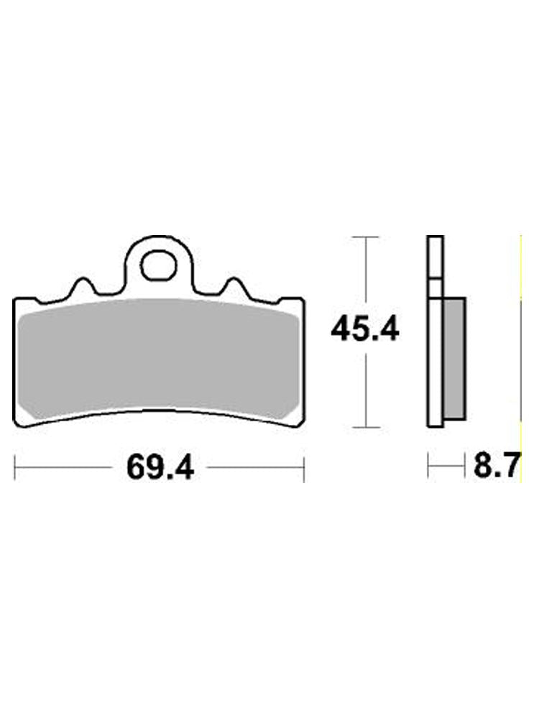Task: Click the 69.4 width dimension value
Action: (x=160, y=468)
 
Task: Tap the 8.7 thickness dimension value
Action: (x=496, y=468)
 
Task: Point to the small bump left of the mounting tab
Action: (x=83, y=285)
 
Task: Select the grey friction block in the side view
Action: (x=455, y=359)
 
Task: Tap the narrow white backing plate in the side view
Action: (x=435, y=359)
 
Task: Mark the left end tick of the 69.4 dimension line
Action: (x=16, y=468)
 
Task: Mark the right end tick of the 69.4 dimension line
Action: (x=304, y=468)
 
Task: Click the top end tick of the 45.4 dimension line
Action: (x=367, y=237)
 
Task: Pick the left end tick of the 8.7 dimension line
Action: (x=428, y=468)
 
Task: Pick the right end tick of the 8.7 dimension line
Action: (x=466, y=468)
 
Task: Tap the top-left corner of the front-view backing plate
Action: (x=17, y=300)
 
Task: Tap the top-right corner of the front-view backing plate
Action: (x=303, y=300)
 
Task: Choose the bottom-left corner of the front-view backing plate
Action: (x=18, y=425)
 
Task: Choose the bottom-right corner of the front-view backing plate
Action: (x=301, y=425)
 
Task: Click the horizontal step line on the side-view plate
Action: (x=435, y=278)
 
